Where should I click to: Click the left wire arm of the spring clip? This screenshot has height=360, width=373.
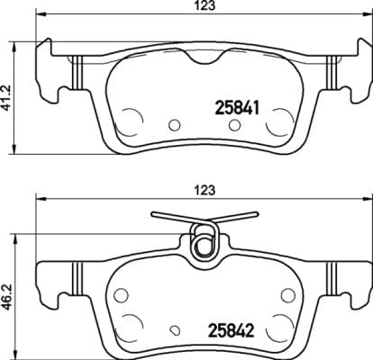[x=171, y=217]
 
